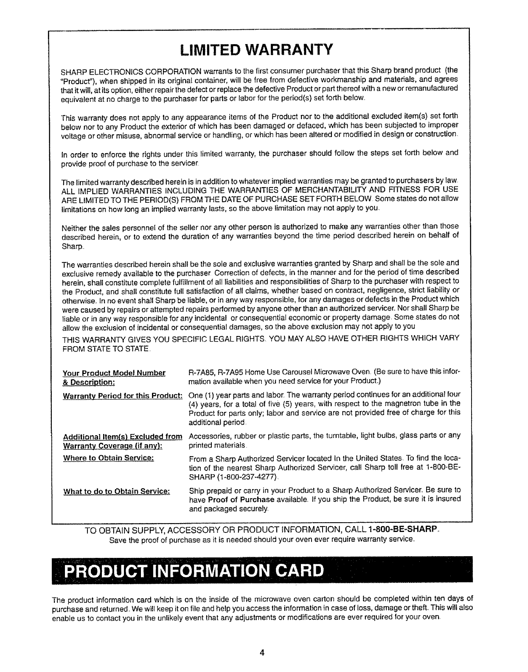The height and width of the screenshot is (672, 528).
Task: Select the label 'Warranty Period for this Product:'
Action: click(x=123, y=396)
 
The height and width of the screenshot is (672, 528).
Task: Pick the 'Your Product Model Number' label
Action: click(x=114, y=373)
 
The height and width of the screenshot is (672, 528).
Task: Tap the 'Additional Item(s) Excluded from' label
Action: click(x=123, y=436)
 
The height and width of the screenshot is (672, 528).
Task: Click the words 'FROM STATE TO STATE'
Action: click(x=105, y=349)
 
